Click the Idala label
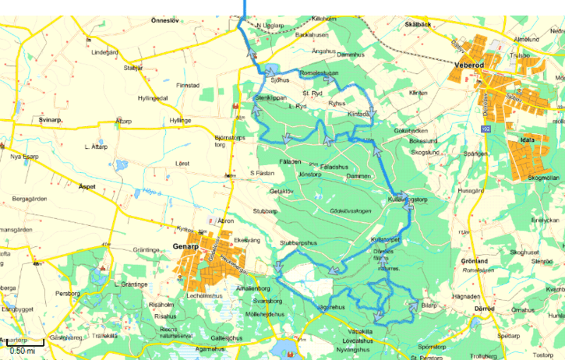527,139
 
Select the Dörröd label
484,309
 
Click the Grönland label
474,261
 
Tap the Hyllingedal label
153,98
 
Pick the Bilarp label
429,306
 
